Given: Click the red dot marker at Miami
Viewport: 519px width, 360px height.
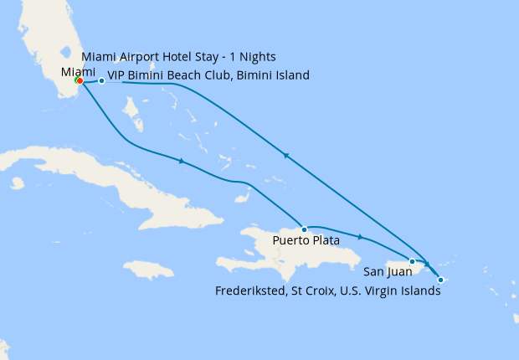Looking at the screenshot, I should click(79, 81).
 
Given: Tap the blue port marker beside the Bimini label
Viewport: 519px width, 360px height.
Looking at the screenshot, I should click(101, 81).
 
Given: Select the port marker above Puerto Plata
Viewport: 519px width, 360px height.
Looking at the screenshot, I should click(304, 229).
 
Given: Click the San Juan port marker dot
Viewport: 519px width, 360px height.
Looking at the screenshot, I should click(413, 261).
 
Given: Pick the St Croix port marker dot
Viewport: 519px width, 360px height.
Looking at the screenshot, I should click(441, 280).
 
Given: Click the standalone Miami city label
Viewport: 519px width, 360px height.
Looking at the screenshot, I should click(79, 71).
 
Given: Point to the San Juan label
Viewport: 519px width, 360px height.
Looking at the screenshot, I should click(388, 271).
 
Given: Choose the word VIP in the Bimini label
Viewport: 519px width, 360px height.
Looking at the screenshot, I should click(118, 75).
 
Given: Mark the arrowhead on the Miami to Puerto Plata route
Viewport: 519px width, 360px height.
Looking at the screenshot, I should click(182, 161).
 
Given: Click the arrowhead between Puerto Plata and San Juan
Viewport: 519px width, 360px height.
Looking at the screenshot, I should click(360, 237).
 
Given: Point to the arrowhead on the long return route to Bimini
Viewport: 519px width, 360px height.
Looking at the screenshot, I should click(286, 155).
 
